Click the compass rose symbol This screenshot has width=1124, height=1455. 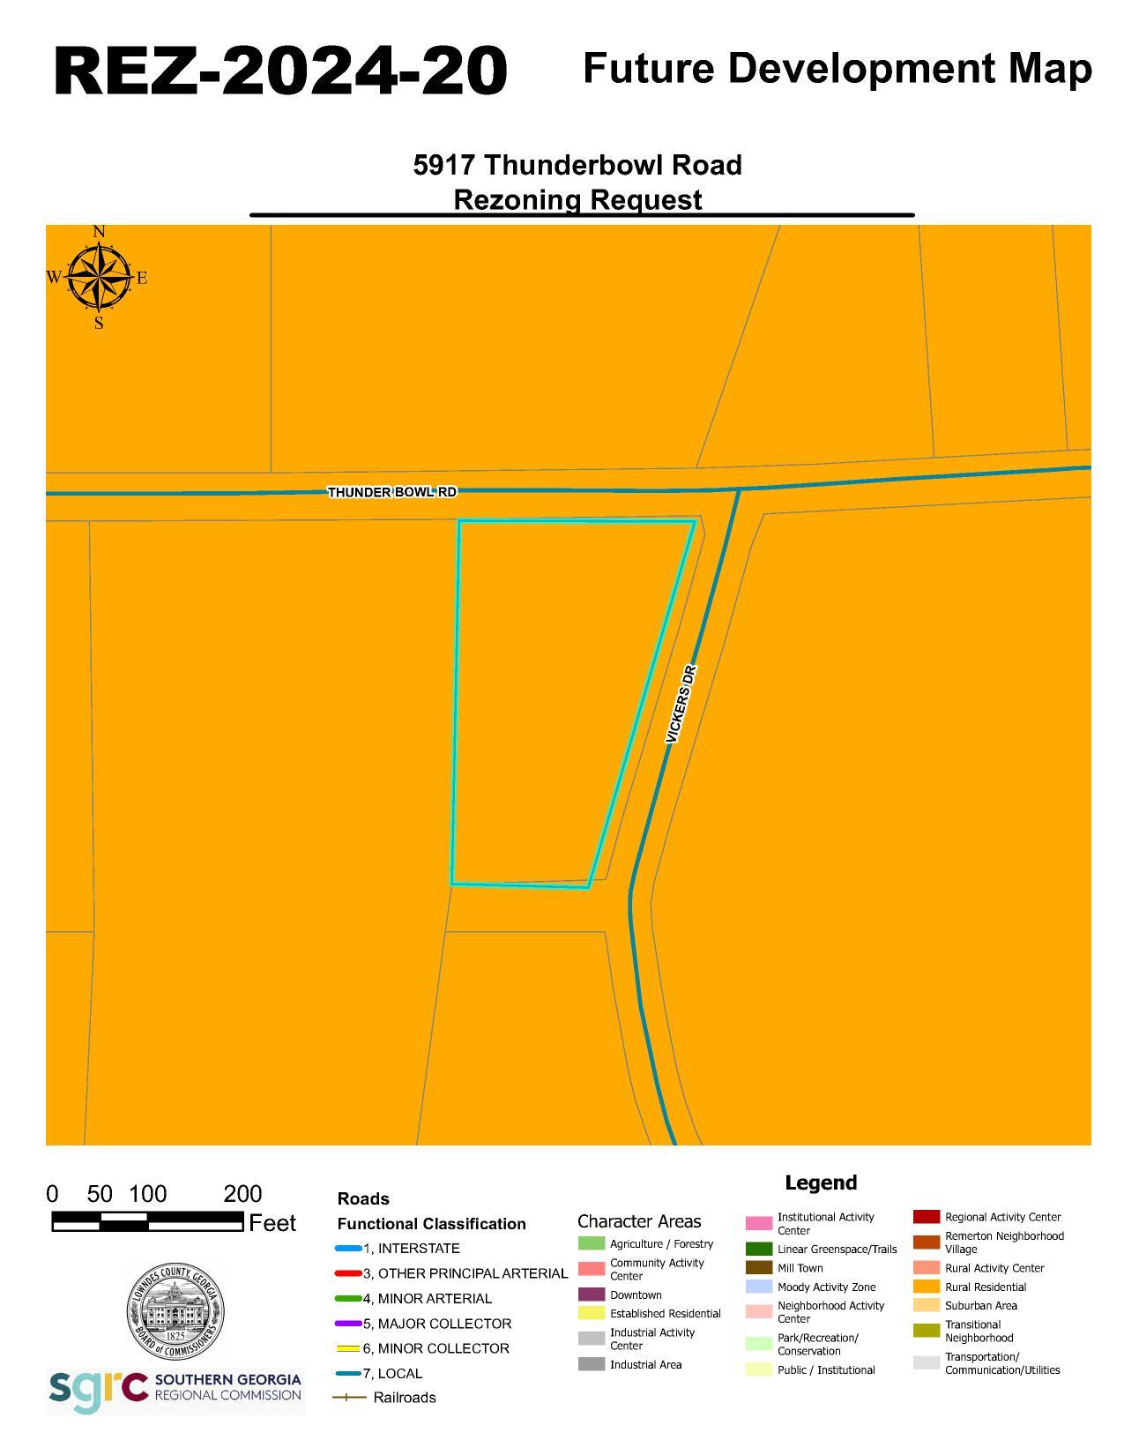98,277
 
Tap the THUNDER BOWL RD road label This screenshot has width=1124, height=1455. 391,491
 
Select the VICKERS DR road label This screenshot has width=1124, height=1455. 681,704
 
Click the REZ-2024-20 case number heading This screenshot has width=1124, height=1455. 280,71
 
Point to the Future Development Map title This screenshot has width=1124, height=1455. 837,69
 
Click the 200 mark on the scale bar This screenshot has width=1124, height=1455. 242,1194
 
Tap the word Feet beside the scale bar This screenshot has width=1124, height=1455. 272,1223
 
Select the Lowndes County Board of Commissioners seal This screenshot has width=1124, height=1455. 175,1310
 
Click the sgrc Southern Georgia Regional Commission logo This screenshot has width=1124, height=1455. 175,1391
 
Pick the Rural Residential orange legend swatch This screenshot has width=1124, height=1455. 926,1287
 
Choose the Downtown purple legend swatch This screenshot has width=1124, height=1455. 591,1295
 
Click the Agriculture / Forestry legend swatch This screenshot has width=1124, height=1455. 591,1243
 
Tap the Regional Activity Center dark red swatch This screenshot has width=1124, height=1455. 926,1217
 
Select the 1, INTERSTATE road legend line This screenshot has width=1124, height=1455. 348,1249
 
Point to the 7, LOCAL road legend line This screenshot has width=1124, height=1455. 348,1373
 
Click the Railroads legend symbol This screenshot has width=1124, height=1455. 348,1398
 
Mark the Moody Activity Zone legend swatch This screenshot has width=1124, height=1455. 758,1287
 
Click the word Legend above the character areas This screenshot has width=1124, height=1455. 820,1183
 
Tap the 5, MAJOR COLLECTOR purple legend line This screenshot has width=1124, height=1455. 348,1324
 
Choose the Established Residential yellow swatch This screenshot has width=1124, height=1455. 591,1313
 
